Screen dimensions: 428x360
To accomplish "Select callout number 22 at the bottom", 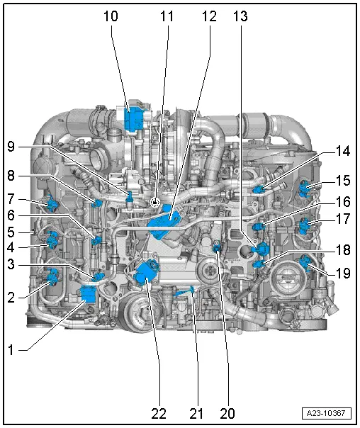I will point(159,412).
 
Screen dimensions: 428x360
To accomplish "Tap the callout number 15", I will point(342,181).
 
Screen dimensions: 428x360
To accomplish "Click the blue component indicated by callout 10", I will point(133,118).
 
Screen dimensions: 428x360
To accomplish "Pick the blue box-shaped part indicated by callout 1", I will point(90,293).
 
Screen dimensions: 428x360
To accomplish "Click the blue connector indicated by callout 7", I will point(53,205).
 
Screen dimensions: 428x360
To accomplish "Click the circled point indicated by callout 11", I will point(154,202).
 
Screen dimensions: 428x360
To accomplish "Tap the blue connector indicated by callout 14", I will point(261,188).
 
